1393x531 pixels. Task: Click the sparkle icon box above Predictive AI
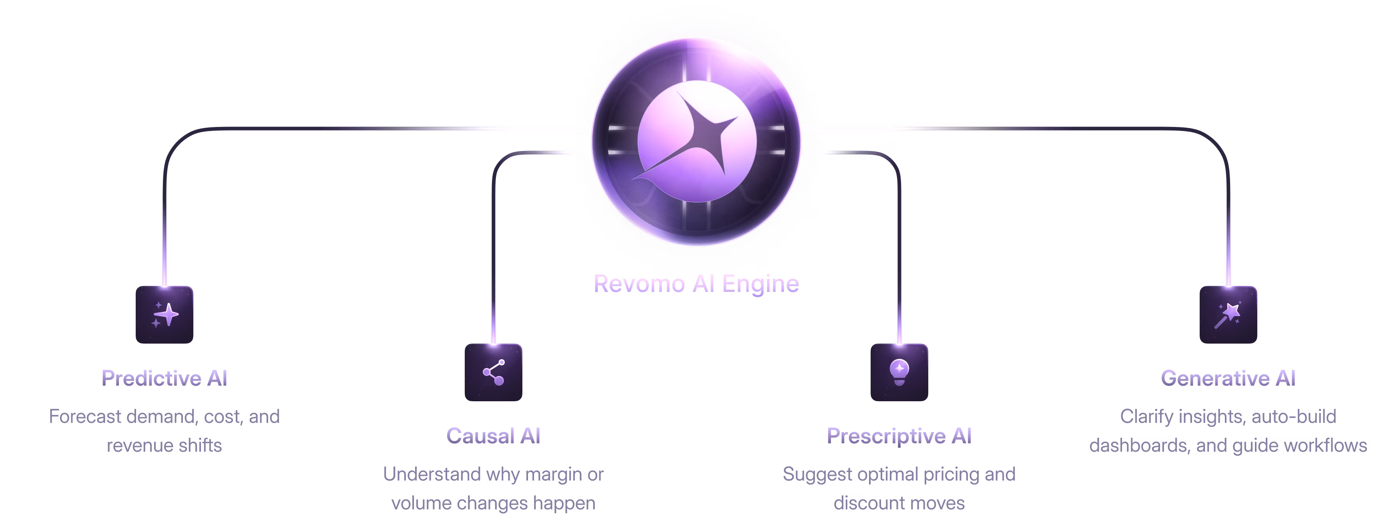click(x=165, y=315)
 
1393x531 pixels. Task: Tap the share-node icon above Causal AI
click(x=493, y=372)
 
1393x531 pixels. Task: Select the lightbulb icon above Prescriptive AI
click(x=899, y=372)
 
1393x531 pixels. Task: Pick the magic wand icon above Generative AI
click(x=1228, y=315)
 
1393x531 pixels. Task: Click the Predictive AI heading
click(x=165, y=378)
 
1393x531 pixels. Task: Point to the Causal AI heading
click(x=493, y=436)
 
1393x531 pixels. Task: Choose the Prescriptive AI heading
click(x=899, y=436)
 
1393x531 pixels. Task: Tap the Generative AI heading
click(x=1228, y=378)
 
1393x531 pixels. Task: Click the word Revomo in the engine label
click(x=639, y=284)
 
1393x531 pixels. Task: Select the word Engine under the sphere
click(x=760, y=284)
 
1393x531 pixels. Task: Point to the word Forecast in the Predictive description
click(x=85, y=417)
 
